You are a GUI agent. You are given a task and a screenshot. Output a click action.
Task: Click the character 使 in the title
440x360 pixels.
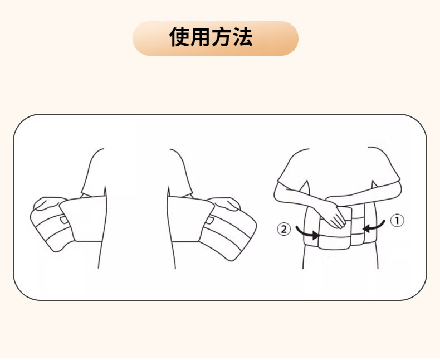(x=179, y=37)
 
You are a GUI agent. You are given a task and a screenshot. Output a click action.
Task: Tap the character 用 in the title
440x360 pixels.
(x=201, y=37)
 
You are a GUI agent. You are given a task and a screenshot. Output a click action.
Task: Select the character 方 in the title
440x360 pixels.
(x=222, y=37)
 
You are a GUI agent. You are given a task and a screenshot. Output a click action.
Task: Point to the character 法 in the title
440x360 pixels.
(x=242, y=37)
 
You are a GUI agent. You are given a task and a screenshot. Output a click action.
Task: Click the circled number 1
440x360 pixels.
(x=397, y=221)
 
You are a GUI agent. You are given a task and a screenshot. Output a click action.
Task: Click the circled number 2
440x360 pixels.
(x=283, y=229)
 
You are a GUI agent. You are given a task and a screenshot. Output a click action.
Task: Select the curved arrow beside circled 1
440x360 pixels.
(x=374, y=227)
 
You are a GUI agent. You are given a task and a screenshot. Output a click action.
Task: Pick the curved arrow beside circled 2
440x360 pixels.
(x=307, y=233)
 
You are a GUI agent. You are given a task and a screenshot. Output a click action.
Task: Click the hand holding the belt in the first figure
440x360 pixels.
(x=48, y=203)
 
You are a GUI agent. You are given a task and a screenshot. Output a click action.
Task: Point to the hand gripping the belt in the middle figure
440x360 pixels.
(x=224, y=203)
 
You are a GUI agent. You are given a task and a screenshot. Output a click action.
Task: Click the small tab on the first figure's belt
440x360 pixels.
(x=64, y=220)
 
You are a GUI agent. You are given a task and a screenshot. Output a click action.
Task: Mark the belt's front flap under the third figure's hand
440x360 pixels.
(x=335, y=228)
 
